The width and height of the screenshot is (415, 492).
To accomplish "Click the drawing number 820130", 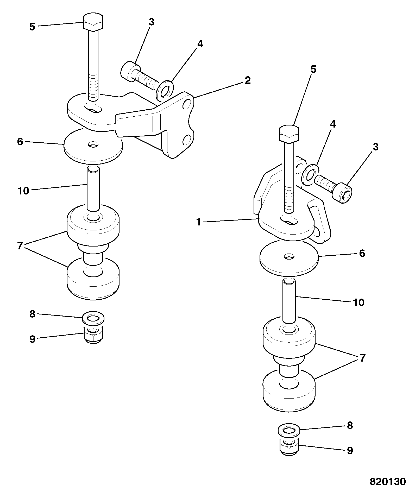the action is click(388, 481).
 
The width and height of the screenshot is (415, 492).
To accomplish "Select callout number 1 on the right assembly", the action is click(199, 222).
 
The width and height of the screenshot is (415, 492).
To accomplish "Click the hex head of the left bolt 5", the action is click(93, 23).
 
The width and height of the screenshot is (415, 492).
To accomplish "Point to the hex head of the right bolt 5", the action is click(289, 134).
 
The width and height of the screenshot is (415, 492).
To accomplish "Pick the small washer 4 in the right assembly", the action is click(310, 175).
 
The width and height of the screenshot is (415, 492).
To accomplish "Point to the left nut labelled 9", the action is click(93, 335).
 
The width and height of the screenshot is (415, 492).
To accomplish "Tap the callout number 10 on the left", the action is click(23, 191).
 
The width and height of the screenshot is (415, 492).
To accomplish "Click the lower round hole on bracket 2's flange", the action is click(187, 140).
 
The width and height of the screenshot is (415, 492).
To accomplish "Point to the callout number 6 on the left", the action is click(20, 142).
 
